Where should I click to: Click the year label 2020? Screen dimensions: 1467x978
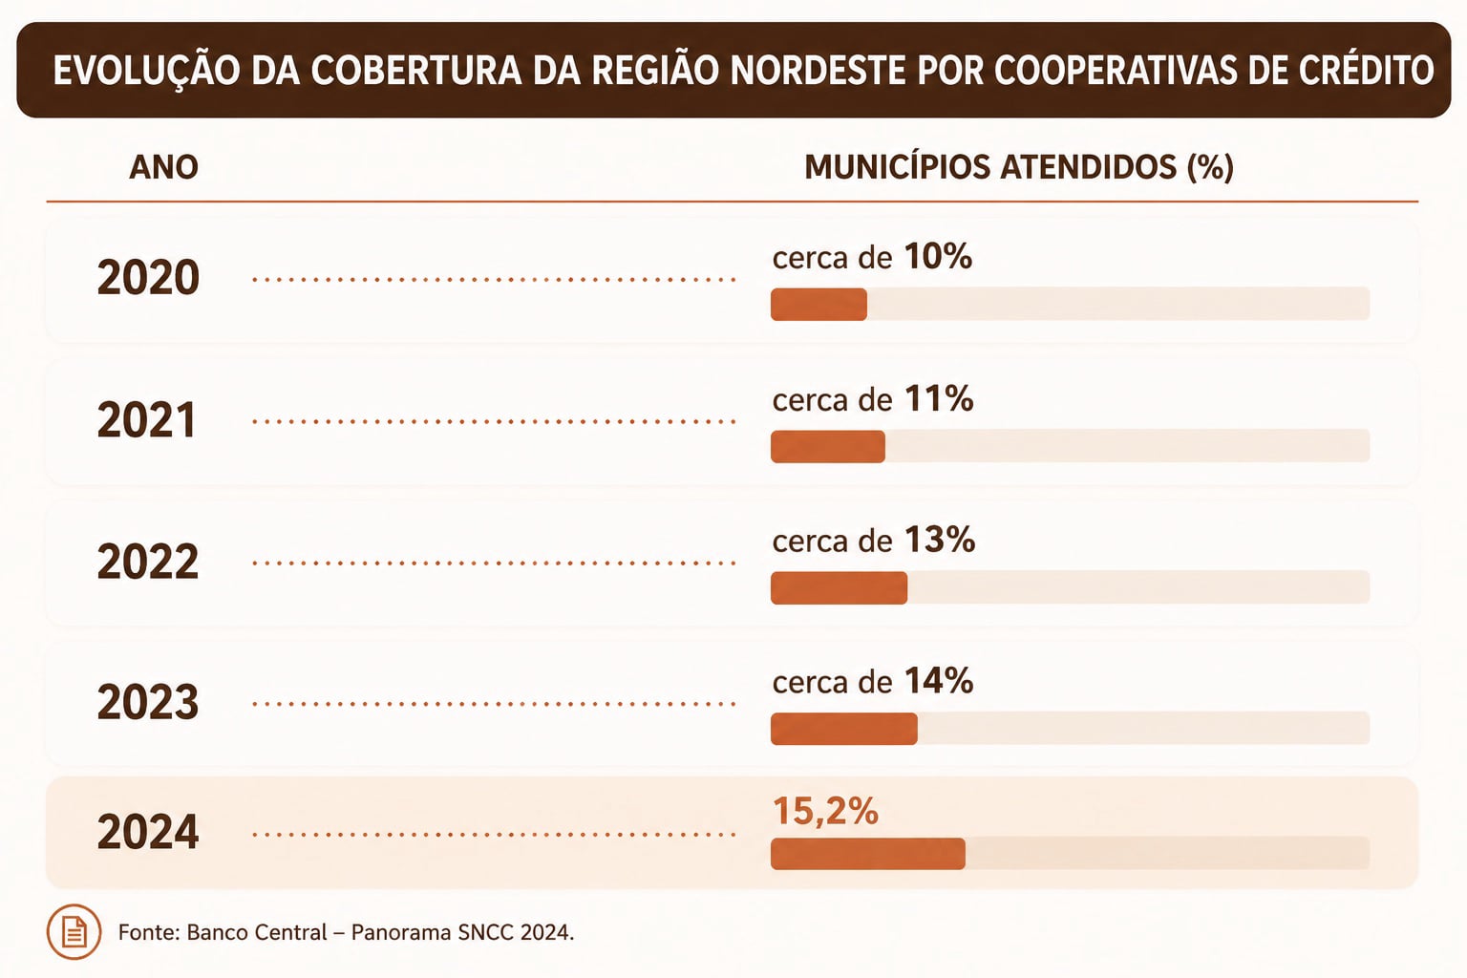click(x=148, y=278)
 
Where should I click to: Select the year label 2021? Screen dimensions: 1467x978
click(x=147, y=420)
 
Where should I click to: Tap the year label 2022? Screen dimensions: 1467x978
click(x=148, y=562)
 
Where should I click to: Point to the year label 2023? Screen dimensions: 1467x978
click(x=148, y=702)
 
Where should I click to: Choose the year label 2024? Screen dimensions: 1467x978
click(x=148, y=833)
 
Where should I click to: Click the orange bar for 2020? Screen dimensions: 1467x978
click(x=819, y=305)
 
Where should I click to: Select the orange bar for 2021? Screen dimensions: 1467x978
click(x=828, y=447)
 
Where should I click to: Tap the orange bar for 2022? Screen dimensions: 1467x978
click(x=839, y=587)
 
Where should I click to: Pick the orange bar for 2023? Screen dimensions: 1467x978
click(x=844, y=729)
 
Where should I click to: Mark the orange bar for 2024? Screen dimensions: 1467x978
click(x=868, y=854)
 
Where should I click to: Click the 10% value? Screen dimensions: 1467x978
click(x=939, y=256)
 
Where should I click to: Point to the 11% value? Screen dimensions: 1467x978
click(x=939, y=398)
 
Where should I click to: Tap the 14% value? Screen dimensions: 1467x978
click(x=939, y=681)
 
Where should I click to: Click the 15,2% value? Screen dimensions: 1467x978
click(x=826, y=812)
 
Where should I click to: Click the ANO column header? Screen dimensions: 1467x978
click(x=163, y=168)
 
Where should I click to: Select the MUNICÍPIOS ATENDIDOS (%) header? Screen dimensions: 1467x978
click(x=1019, y=168)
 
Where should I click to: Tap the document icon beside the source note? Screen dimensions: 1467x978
click(x=74, y=932)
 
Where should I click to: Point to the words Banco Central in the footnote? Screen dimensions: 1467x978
click(x=257, y=932)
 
